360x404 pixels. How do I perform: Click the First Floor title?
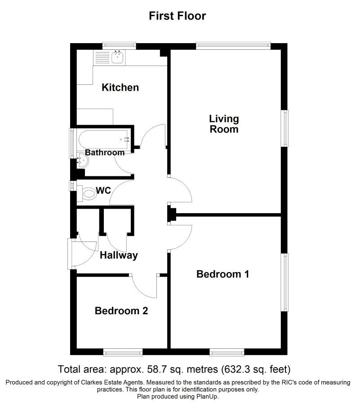(178, 16)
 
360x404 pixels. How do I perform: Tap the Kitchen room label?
(120, 88)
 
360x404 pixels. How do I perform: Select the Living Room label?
(224, 124)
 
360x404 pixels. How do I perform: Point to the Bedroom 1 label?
(223, 274)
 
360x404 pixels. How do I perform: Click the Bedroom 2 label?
(121, 311)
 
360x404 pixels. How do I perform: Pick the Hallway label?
(119, 255)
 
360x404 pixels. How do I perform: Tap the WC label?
(103, 190)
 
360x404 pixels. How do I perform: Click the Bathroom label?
(105, 153)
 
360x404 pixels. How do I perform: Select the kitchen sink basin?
(118, 57)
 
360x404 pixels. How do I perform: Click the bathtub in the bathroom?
(104, 140)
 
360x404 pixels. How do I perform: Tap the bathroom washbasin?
(83, 160)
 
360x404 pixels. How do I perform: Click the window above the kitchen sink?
(119, 46)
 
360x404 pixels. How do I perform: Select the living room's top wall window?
(233, 46)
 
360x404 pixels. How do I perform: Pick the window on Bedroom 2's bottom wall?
(123, 352)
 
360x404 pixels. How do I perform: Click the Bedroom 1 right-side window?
(284, 282)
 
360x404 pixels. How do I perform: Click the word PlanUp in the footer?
(208, 396)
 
